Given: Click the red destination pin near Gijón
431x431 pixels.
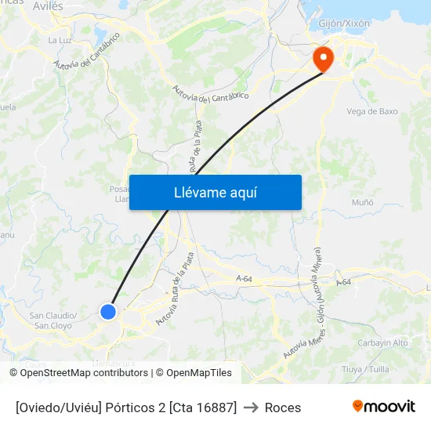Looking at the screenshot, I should (x=322, y=57).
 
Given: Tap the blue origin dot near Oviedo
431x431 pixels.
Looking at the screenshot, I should (x=108, y=312).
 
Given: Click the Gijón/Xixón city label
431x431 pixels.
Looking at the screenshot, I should (x=344, y=24).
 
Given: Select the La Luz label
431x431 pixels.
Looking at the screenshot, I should (x=60, y=40).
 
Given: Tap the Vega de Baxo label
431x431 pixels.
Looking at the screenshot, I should (x=372, y=111).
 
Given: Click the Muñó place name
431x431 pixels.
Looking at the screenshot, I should (x=363, y=202).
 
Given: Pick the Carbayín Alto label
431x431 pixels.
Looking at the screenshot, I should (x=382, y=343).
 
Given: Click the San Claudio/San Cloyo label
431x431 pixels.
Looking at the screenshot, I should (x=53, y=321).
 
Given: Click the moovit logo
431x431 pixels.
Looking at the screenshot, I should (x=383, y=406).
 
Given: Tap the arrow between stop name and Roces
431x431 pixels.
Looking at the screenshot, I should (x=251, y=407).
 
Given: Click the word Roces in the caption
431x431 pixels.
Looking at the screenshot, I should (x=283, y=407).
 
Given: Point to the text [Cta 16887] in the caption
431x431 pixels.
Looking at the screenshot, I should (x=202, y=407).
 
